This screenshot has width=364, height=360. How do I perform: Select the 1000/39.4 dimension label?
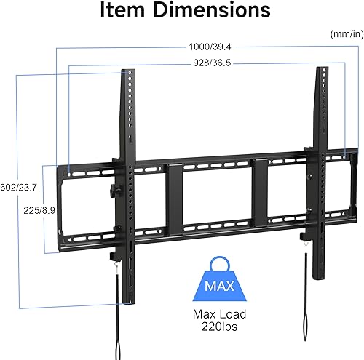pyautogui.click(x=208, y=47)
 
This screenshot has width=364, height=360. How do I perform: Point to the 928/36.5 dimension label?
pyautogui.click(x=208, y=63)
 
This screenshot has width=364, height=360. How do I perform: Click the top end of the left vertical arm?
pyautogui.click(x=127, y=73)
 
